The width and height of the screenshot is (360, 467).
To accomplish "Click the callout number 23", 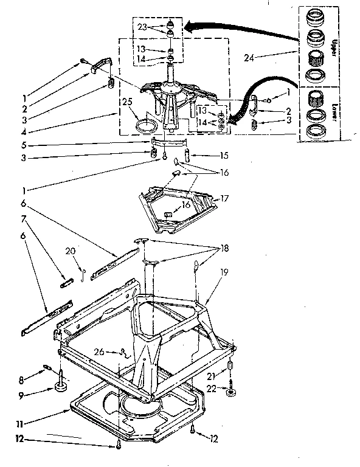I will click(x=141, y=27).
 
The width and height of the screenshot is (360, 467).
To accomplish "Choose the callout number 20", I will click(x=71, y=250).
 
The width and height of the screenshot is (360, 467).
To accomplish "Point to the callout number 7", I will click(x=25, y=218).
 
